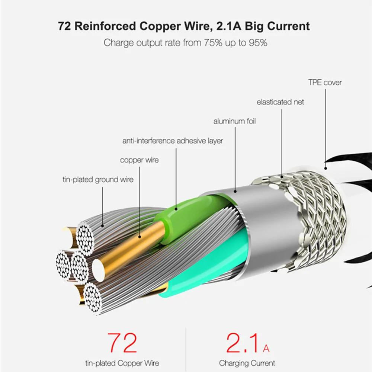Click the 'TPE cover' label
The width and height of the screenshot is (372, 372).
(x=325, y=83)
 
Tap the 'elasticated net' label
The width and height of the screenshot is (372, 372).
(x=280, y=102)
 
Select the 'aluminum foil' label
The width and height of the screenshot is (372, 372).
(x=234, y=121)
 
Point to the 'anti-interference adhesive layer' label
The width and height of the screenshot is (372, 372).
(x=173, y=141)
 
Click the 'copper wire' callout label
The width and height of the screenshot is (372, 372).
(x=139, y=160)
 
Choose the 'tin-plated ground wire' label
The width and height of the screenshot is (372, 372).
(x=98, y=180)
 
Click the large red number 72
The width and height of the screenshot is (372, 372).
(x=122, y=343)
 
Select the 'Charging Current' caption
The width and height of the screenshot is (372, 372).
(x=247, y=363)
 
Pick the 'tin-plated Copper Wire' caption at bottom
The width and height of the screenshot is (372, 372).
(x=122, y=363)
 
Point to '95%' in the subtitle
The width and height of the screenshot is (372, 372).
(x=258, y=43)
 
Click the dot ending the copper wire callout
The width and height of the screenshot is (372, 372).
(x=140, y=237)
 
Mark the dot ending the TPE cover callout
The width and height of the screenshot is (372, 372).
(x=326, y=169)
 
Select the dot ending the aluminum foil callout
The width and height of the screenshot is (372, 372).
(x=235, y=191)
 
